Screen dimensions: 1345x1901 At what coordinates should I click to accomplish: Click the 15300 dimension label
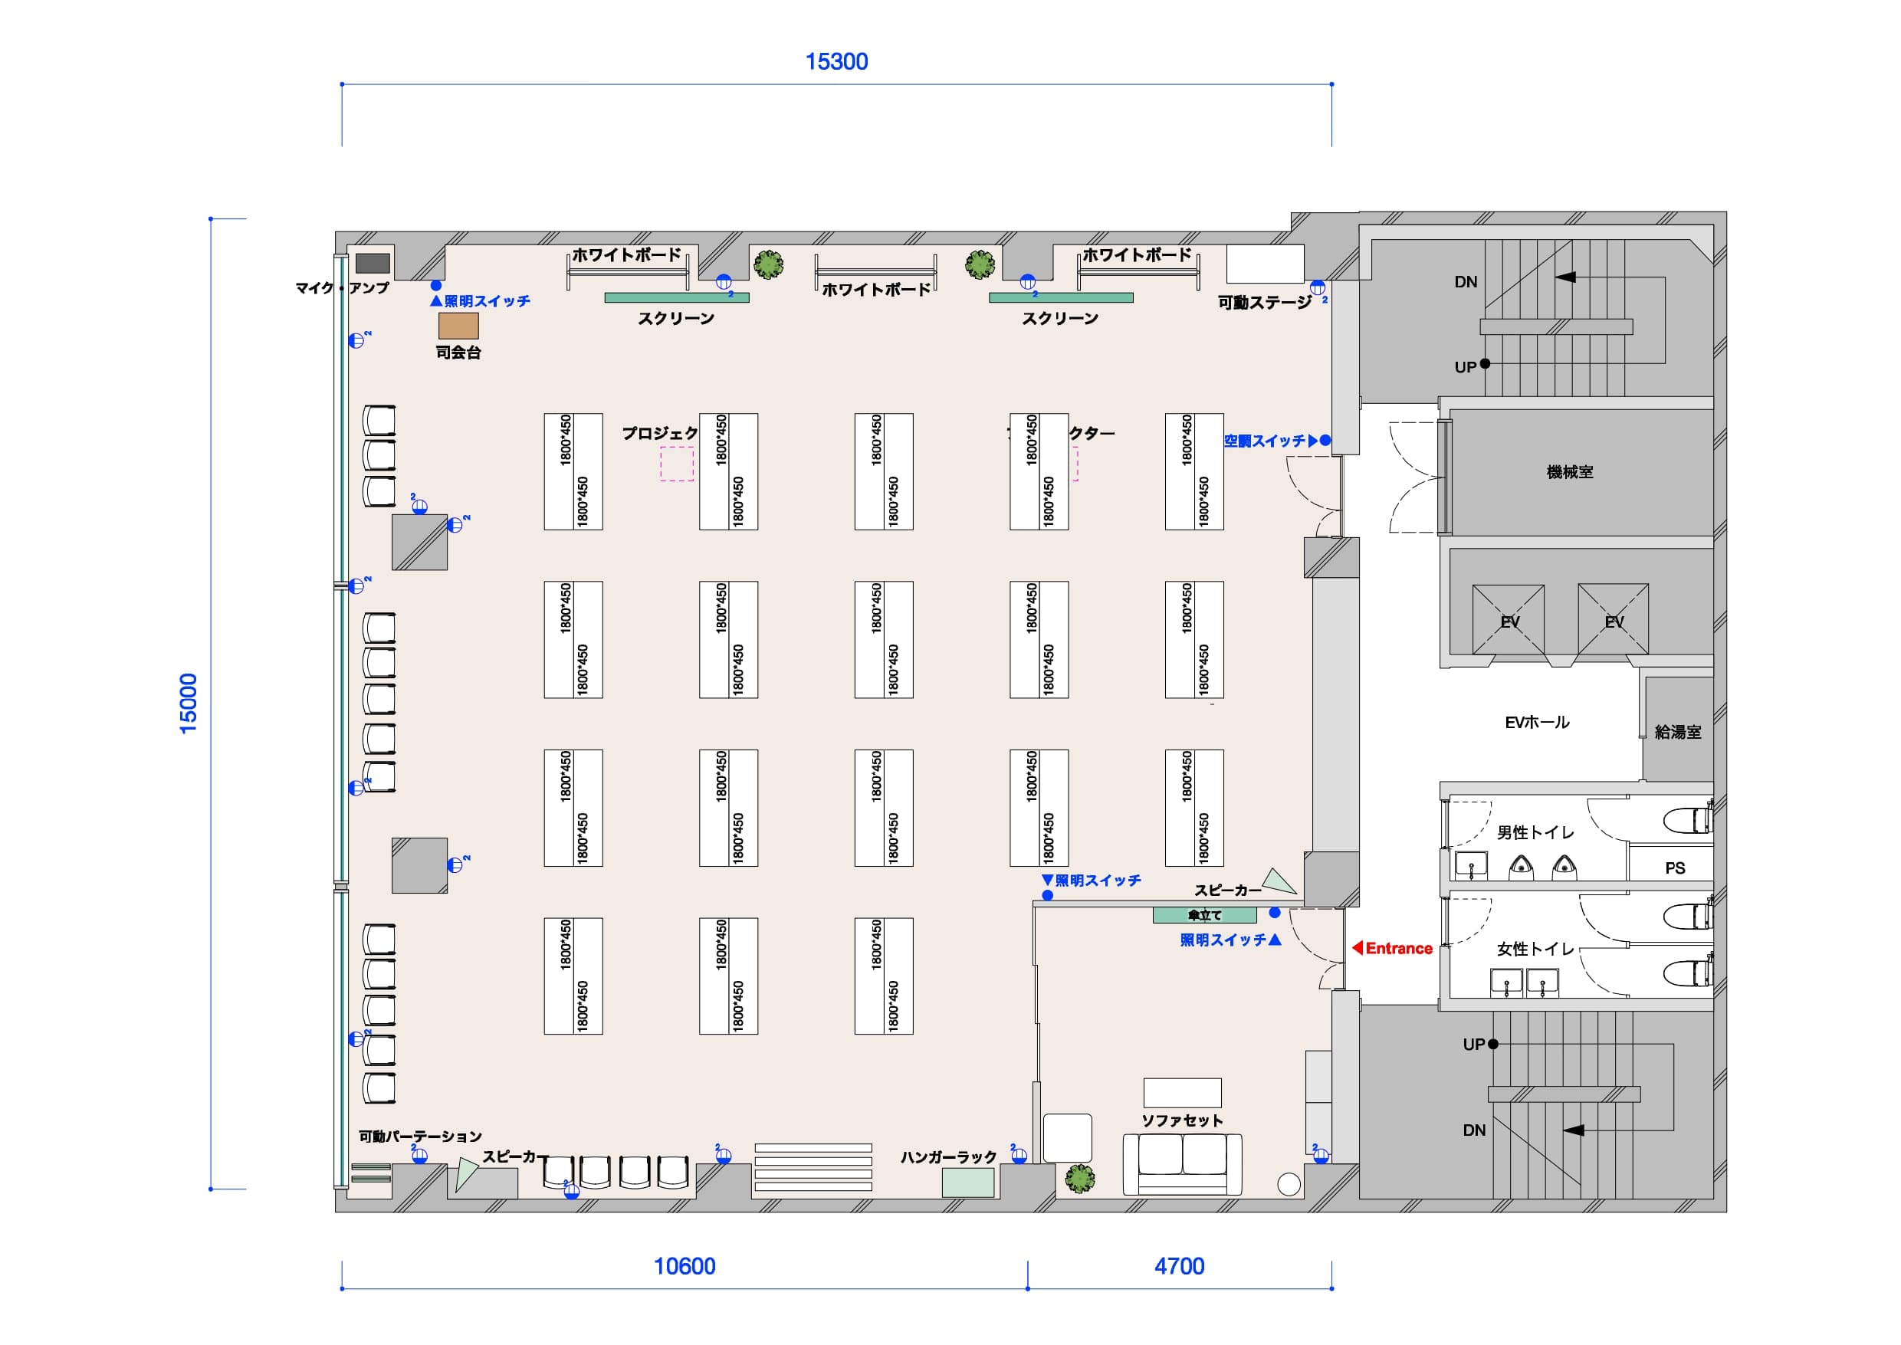click(x=836, y=62)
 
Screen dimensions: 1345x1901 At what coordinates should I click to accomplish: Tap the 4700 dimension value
click(x=1179, y=1266)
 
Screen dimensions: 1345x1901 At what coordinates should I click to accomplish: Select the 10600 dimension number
click(x=685, y=1266)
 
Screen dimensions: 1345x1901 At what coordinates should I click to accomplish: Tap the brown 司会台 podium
click(x=458, y=326)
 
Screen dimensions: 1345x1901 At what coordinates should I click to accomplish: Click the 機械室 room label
click(x=1570, y=472)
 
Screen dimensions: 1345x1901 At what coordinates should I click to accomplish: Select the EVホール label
click(x=1537, y=722)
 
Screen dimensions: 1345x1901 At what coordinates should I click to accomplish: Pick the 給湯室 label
click(x=1677, y=732)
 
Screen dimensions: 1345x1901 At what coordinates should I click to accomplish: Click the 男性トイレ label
click(x=1535, y=832)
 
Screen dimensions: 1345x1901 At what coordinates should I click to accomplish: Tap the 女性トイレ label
click(x=1535, y=949)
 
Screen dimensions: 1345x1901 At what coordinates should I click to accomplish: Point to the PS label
click(x=1675, y=868)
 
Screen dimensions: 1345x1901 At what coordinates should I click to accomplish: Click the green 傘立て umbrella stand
click(x=1204, y=915)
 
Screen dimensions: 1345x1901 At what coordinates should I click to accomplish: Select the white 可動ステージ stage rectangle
click(x=1265, y=264)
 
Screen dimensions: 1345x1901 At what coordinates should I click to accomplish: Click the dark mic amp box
click(x=373, y=263)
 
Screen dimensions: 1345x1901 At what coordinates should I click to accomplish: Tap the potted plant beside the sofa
click(x=1080, y=1178)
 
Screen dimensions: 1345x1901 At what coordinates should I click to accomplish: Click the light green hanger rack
click(x=967, y=1182)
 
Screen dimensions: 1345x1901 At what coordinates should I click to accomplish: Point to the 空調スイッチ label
click(x=1265, y=441)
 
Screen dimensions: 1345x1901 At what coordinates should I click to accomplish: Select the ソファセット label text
click(x=1182, y=1120)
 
